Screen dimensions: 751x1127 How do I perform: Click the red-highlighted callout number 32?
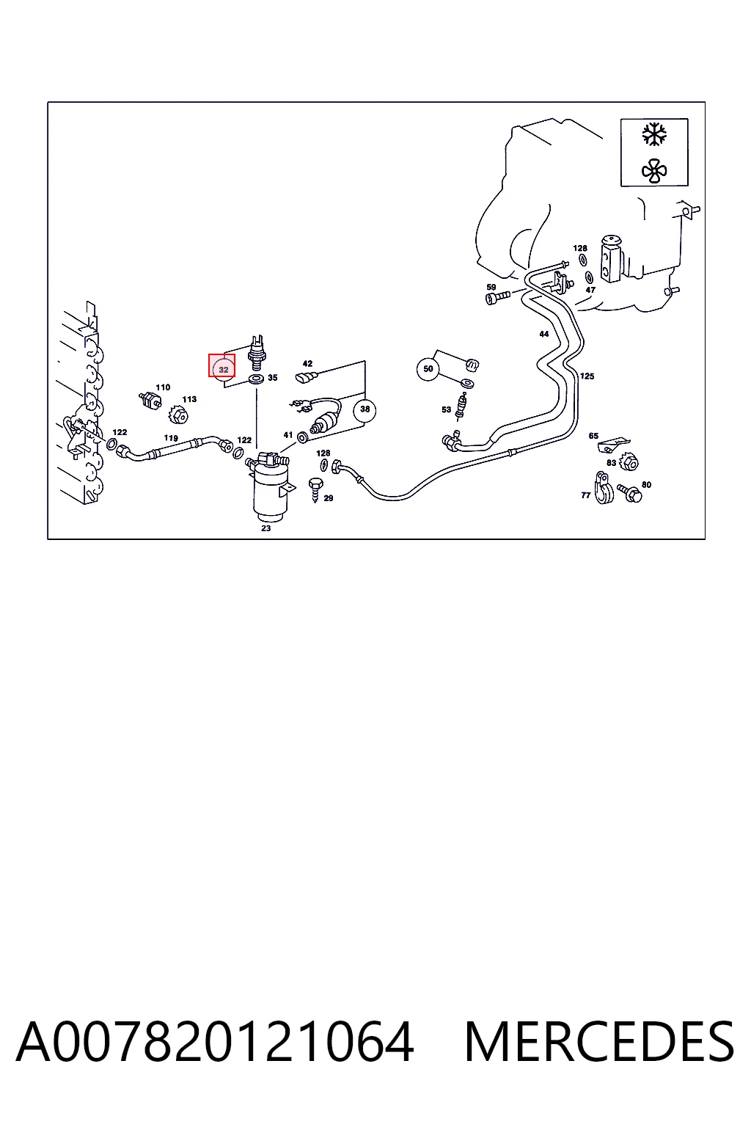221,365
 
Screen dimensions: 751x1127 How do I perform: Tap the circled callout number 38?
364,409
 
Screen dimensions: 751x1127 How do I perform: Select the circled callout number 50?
428,369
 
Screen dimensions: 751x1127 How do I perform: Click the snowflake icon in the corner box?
654,135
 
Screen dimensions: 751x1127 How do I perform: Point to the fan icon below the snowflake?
654,170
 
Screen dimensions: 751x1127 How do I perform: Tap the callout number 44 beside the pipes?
543,334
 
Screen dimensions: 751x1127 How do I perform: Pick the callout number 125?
587,376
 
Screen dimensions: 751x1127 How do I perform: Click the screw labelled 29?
316,489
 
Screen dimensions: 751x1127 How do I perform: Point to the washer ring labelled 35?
256,379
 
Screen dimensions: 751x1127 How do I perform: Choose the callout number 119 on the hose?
171,438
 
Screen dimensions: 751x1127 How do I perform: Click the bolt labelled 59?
497,297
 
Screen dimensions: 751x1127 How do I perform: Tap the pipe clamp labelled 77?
603,487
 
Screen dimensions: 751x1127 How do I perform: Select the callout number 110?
163,387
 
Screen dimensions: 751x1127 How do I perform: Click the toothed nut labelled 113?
178,415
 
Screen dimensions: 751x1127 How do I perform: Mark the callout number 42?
307,363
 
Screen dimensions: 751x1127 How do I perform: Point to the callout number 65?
593,436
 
